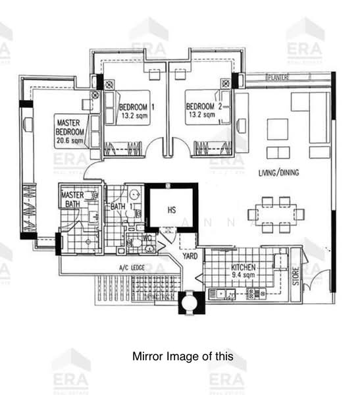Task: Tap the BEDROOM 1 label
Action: [x=136, y=107]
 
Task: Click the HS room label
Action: [x=171, y=210]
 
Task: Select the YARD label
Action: [x=190, y=256]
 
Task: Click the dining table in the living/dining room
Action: [x=276, y=214]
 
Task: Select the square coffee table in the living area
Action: [x=277, y=128]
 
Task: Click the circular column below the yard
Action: [x=192, y=302]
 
